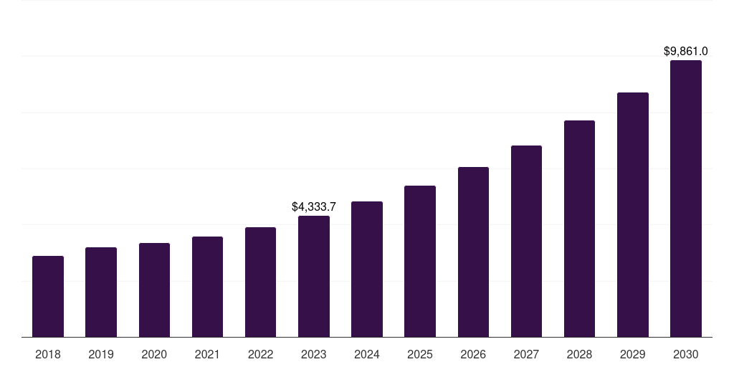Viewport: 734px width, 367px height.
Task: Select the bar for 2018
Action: pos(48,296)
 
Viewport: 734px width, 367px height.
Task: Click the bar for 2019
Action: pos(101,292)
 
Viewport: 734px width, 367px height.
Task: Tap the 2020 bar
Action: pos(154,290)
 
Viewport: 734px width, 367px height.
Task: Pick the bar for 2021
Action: pos(207,287)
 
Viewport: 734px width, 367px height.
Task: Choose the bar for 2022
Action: pos(260,282)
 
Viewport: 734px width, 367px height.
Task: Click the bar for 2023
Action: pos(314,276)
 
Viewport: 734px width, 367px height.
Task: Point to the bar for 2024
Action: pos(367,269)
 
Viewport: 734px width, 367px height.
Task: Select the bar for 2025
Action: pos(420,261)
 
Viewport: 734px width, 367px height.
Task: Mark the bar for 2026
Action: pos(473,252)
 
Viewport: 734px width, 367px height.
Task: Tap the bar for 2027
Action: pos(526,241)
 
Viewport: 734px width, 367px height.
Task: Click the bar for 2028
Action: pos(579,229)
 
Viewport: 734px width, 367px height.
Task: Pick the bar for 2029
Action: pos(633,214)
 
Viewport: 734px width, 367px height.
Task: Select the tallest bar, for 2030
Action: pos(686,199)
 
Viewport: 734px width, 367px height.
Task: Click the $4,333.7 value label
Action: pos(314,206)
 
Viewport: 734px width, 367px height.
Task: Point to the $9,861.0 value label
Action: pos(686,51)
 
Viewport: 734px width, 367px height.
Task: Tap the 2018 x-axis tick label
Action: pos(48,354)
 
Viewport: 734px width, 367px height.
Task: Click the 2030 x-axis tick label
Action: pos(686,354)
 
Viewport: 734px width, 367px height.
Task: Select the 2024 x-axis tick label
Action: pos(367,354)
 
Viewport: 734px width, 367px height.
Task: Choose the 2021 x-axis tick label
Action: pos(207,354)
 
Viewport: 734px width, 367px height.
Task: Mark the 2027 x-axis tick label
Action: pos(526,354)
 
